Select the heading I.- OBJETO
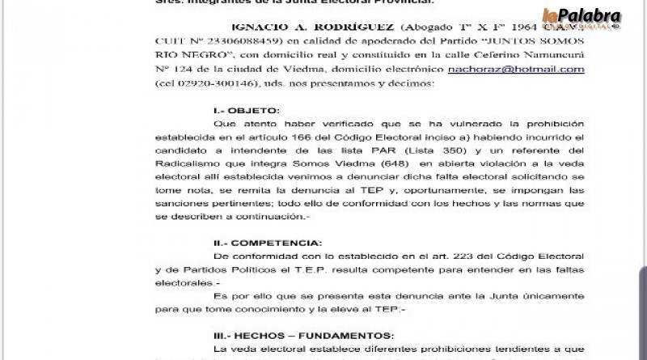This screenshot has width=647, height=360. (x=235, y=109)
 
